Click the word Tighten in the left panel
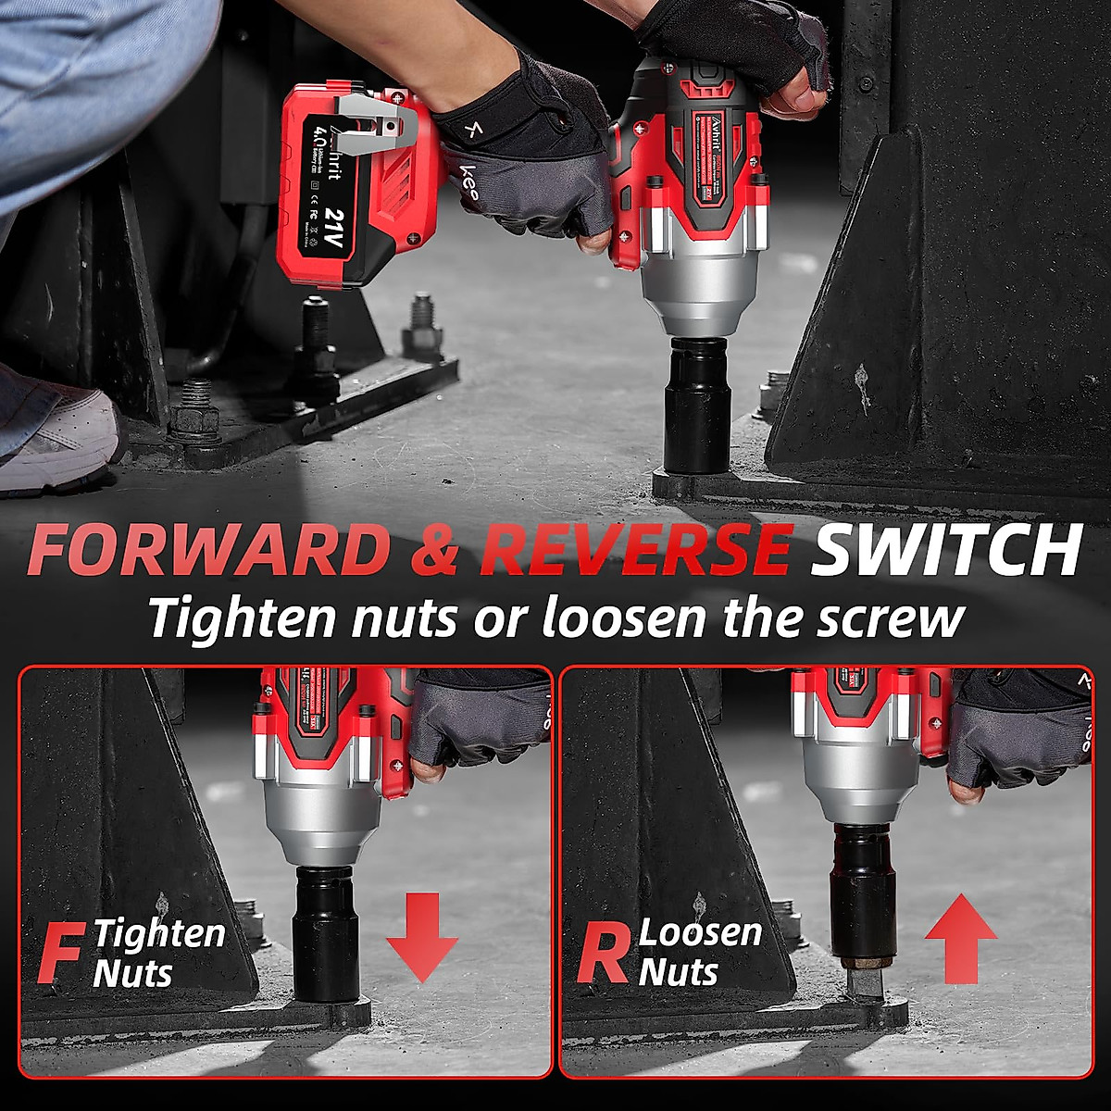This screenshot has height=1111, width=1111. (160, 933)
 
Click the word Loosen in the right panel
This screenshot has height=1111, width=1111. (701, 931)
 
